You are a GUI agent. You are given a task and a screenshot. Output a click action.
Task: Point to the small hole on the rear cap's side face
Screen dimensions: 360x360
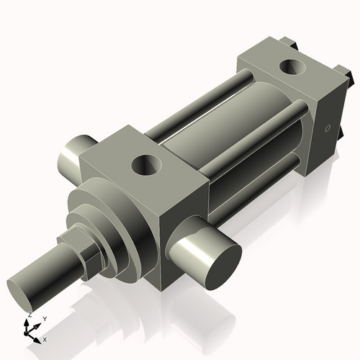click(x=329, y=130)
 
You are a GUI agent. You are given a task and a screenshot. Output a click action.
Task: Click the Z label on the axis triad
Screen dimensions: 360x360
click(x=29, y=315)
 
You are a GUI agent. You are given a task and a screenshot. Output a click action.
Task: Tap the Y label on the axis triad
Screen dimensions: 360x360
click(x=44, y=319)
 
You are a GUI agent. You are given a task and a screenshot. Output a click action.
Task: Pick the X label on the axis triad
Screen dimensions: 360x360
click(x=45, y=338)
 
